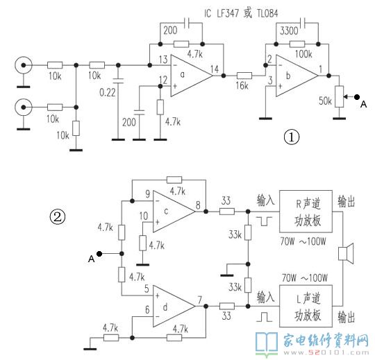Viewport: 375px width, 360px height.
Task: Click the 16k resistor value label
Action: pyautogui.click(x=242, y=85)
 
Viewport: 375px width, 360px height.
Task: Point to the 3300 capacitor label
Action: pyautogui.click(x=289, y=31)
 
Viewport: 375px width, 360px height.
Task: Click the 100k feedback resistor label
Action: pyautogui.click(x=303, y=54)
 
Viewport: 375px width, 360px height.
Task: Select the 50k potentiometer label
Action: pyautogui.click(x=325, y=101)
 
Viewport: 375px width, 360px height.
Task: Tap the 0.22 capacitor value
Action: pyautogui.click(x=108, y=92)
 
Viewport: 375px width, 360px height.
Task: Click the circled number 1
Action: pyautogui.click(x=291, y=137)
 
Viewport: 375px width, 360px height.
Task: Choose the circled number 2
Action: pyautogui.click(x=58, y=217)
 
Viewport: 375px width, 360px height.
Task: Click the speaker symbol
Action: pyautogui.click(x=346, y=254)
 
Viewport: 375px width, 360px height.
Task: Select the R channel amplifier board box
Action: pyautogui.click(x=306, y=212)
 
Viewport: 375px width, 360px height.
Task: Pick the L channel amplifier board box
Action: pyautogui.click(x=306, y=306)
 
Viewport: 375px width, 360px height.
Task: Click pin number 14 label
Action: pyautogui.click(x=215, y=69)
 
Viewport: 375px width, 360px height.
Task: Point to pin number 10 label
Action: pyautogui.click(x=144, y=216)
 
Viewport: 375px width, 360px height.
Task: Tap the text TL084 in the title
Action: pyautogui.click(x=267, y=13)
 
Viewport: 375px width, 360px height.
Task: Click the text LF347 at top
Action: pyautogui.click(x=228, y=13)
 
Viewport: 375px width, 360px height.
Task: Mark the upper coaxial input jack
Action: pyautogui.click(x=23, y=65)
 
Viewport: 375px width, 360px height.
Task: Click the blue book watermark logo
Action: pyautogui.click(x=267, y=344)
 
